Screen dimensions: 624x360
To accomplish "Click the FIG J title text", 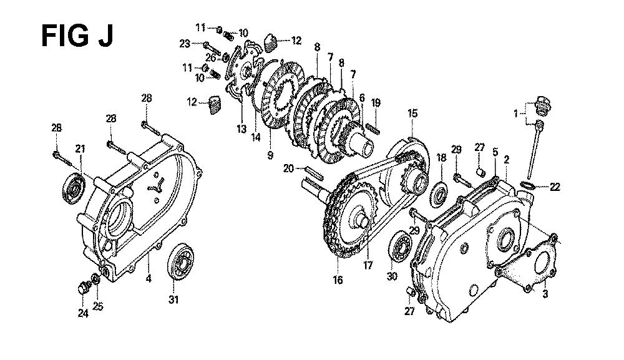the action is coord(77,36).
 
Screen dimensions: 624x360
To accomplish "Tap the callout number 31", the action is coord(173,300).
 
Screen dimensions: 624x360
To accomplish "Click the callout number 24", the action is coord(83,313).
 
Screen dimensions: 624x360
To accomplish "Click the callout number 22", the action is coord(554,187).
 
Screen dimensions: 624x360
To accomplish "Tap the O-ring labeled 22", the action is coord(528,184).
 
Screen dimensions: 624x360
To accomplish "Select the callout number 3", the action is coord(545,294).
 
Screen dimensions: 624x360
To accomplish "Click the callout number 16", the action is coord(338,280).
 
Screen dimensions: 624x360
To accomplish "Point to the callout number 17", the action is coord(368,265).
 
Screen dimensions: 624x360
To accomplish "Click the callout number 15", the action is coord(412,114).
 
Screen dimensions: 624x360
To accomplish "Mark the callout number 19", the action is coord(375,103).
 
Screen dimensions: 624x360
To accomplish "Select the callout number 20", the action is coord(288,168).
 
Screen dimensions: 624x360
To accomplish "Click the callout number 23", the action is coord(184,44).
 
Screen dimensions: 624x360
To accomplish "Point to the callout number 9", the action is coord(270,155).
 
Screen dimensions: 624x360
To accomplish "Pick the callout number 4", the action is coord(149,278).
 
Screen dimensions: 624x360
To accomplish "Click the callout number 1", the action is coord(516,114).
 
